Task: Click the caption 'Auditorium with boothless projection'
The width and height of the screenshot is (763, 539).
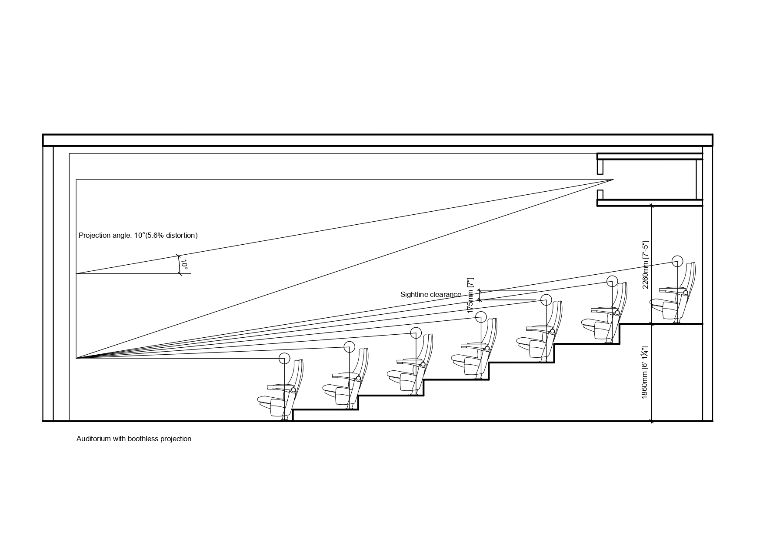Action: [x=134, y=439]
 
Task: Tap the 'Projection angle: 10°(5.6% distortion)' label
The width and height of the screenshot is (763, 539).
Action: [x=138, y=235]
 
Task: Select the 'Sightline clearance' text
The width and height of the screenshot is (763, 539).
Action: [x=430, y=294]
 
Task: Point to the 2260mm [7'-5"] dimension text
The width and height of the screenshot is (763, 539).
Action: [x=645, y=265]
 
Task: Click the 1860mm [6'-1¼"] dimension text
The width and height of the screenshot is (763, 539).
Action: [x=645, y=373]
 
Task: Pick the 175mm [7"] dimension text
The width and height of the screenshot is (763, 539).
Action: [x=470, y=296]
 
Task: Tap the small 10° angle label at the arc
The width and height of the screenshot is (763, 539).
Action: [x=184, y=265]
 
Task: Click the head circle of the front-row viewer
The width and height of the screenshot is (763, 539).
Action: [x=284, y=358]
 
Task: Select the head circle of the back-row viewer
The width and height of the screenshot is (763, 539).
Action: [x=677, y=261]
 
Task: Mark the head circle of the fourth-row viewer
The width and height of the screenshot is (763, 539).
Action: [x=481, y=317]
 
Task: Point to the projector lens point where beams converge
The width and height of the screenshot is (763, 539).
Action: [x=613, y=180]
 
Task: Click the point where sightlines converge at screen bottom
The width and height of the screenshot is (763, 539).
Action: [x=77, y=358]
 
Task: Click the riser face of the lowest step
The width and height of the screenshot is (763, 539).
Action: [x=293, y=415]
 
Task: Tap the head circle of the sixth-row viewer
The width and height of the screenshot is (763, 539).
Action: [x=612, y=281]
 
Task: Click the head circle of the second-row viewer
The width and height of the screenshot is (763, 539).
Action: [x=349, y=347]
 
